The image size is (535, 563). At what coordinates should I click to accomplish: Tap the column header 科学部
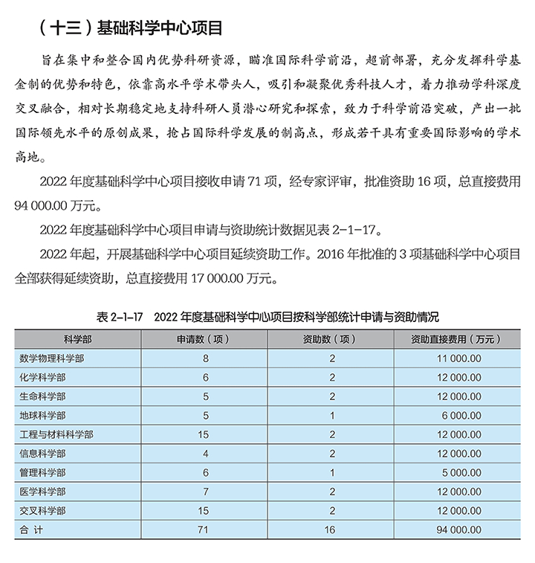point(77,338)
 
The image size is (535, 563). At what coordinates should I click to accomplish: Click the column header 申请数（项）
point(205,338)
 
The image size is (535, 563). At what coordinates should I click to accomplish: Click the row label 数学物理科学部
point(52,358)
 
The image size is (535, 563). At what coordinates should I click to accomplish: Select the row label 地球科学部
point(42,415)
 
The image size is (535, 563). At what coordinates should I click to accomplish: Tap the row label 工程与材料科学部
point(56,434)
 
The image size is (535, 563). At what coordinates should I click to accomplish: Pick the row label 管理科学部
point(42,472)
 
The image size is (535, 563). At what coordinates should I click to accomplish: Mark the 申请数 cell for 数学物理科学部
point(205,358)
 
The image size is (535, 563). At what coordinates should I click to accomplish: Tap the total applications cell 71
point(205,530)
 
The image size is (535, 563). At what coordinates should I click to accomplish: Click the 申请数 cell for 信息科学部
point(205,453)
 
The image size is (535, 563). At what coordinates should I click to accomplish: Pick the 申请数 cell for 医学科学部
point(205,492)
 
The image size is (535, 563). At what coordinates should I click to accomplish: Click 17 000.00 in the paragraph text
point(223,279)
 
